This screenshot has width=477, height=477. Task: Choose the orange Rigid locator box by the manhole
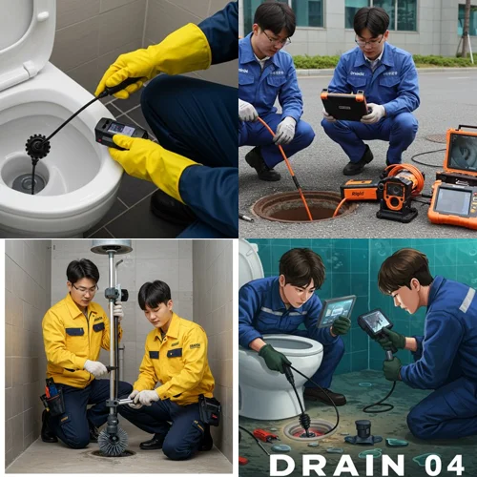tap(359, 189)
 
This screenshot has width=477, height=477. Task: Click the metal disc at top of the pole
tap(111, 246)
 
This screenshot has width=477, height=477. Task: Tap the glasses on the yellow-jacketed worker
tap(84, 288)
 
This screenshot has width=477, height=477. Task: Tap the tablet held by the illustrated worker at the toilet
tap(335, 309)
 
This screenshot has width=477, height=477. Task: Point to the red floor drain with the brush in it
tap(308, 429)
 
